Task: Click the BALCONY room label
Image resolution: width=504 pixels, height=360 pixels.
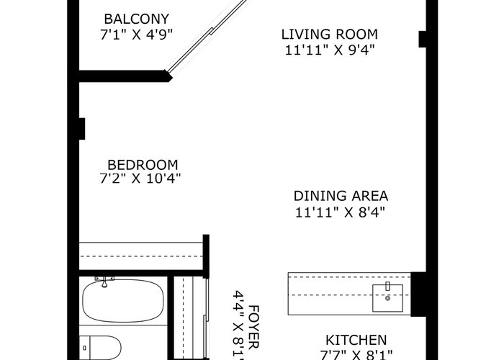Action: tap(137, 19)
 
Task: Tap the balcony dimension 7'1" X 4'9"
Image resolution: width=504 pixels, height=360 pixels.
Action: tap(137, 35)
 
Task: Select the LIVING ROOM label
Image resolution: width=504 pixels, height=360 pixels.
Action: tap(330, 35)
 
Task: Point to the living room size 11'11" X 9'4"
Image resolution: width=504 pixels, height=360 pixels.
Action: tap(330, 50)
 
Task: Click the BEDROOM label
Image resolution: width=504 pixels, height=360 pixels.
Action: tap(143, 165)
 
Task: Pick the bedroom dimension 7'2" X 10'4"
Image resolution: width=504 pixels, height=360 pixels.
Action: tap(140, 178)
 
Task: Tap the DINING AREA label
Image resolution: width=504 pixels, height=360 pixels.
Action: tap(341, 196)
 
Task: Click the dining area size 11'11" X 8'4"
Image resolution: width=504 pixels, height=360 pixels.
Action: tap(340, 212)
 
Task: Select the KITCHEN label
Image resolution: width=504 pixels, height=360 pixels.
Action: tap(356, 340)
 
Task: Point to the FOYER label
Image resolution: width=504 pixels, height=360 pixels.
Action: tap(253, 327)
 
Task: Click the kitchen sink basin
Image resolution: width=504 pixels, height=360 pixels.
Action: tap(387, 298)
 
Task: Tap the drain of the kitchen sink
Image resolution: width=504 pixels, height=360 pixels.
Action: tap(387, 298)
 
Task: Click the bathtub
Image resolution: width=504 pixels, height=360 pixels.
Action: tap(123, 301)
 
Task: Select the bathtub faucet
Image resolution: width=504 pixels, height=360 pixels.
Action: tap(104, 282)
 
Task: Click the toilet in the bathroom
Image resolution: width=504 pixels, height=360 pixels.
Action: tap(100, 348)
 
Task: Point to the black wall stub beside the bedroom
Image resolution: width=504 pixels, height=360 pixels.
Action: tap(82, 129)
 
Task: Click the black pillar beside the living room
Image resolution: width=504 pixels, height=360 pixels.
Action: tap(423, 39)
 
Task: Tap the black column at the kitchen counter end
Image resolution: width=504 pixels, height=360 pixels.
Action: tap(418, 294)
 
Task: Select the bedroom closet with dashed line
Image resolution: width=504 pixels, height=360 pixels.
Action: tap(141, 256)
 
